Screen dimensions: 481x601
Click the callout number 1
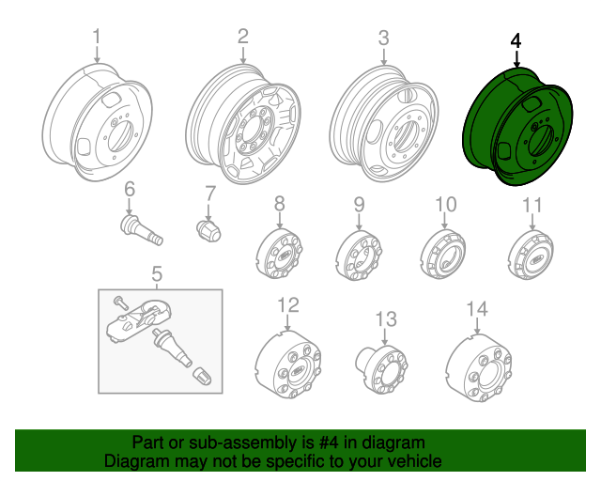click(x=95, y=37)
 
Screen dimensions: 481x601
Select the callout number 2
click(x=242, y=37)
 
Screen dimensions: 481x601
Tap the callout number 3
click(x=383, y=38)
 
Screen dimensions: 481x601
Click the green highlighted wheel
click(x=519, y=127)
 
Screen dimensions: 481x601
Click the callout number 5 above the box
click(x=157, y=274)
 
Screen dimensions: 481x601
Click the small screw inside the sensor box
click(x=117, y=302)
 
